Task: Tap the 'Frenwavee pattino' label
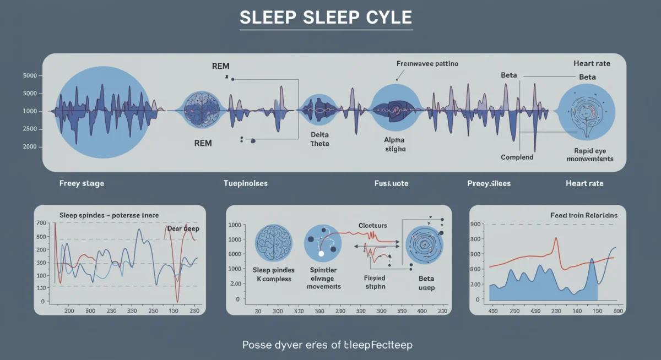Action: [x=427, y=64]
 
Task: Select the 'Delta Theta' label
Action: [x=319, y=139]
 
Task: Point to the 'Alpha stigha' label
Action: [x=394, y=144]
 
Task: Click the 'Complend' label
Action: [x=517, y=157]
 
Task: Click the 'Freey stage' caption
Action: [x=82, y=183]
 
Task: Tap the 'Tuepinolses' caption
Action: [x=245, y=183]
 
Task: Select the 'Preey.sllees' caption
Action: [x=489, y=183]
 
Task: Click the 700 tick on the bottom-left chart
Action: [x=41, y=222]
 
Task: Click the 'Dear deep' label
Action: [x=183, y=228]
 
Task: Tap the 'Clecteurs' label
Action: [x=372, y=225]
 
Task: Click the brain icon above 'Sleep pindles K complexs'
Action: [x=274, y=242]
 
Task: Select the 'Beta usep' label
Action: [x=426, y=283]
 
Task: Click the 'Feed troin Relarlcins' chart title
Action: [x=584, y=215]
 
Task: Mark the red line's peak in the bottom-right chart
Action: [x=556, y=238]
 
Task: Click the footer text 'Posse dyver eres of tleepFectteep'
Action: [x=327, y=345]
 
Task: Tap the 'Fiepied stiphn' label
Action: [x=375, y=282]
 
